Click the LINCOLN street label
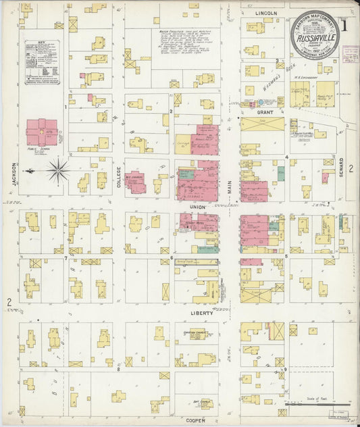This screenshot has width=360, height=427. coord(267,13)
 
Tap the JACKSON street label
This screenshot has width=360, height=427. coord(13,175)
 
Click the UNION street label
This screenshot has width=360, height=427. coord(197,207)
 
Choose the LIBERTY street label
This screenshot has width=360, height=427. coord(202,313)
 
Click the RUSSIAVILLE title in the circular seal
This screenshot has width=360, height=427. coord(316,39)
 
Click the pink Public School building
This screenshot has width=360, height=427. coord(41,132)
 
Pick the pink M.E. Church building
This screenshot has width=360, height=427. coord(135,182)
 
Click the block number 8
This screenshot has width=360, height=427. coord(118,369)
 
